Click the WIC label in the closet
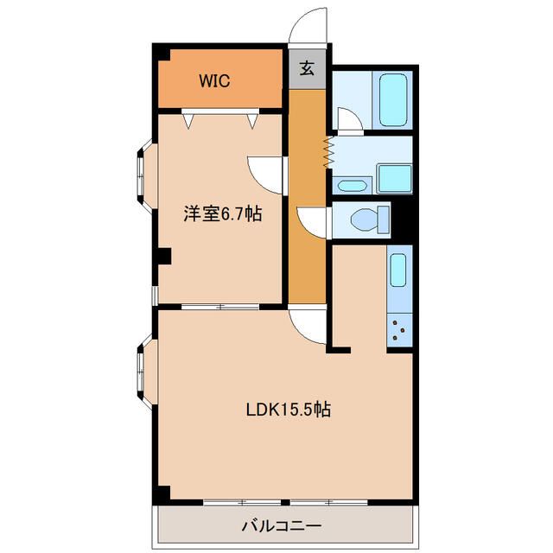point(213,81)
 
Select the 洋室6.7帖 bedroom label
point(222,214)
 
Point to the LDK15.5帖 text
point(285,409)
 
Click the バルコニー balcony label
point(281,525)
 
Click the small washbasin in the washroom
point(351,185)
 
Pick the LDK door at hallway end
point(308,326)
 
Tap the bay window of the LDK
point(143,372)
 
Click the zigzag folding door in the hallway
point(327,153)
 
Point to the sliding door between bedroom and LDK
point(221,307)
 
